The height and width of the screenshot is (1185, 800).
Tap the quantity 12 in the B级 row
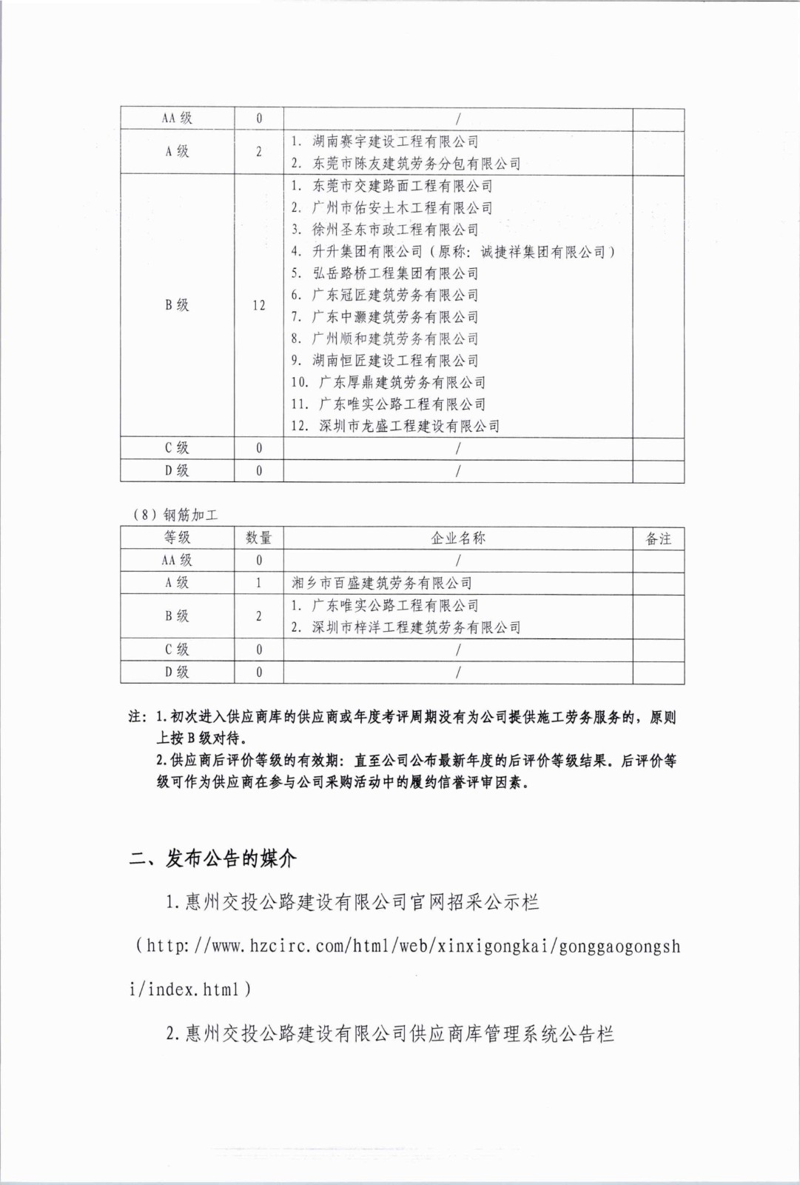[x=258, y=305]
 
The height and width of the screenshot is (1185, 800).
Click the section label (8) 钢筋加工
[x=175, y=515]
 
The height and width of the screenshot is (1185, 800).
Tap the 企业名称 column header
[x=458, y=538]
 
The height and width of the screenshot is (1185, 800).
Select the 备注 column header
[x=658, y=538]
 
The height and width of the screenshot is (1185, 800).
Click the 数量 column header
[x=258, y=538]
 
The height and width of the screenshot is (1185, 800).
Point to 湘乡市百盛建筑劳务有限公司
[x=382, y=583]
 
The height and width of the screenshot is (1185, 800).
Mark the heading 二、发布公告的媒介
[x=213, y=858]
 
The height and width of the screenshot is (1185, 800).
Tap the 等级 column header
[x=177, y=538]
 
